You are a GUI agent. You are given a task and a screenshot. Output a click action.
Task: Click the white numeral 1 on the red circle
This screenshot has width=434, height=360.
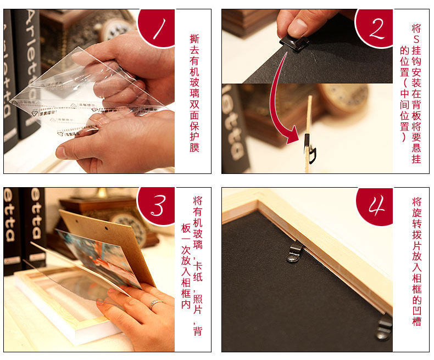coord(160,29)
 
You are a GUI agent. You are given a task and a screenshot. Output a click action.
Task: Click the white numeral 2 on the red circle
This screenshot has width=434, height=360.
coord(377,28)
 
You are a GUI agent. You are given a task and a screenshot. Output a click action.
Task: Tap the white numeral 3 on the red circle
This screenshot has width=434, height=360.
coord(159,206)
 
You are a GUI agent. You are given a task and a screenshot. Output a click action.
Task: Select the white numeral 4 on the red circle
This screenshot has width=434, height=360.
coord(377,205)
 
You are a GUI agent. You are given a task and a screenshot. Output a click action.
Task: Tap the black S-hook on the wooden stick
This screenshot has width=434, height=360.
coord(310,149)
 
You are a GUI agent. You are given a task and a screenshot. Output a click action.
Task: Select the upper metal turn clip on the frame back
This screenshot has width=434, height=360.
coord(294,253)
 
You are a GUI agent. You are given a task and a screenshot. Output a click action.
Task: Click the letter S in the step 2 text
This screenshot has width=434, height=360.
coord(416,40)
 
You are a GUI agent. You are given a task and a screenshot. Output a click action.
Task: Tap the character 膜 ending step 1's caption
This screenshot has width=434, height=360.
coord(194,148)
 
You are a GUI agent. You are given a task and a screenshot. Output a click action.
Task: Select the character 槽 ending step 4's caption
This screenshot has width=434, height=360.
coord(417,322)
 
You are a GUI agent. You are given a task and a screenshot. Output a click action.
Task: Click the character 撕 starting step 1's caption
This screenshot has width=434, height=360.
coord(194,39)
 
